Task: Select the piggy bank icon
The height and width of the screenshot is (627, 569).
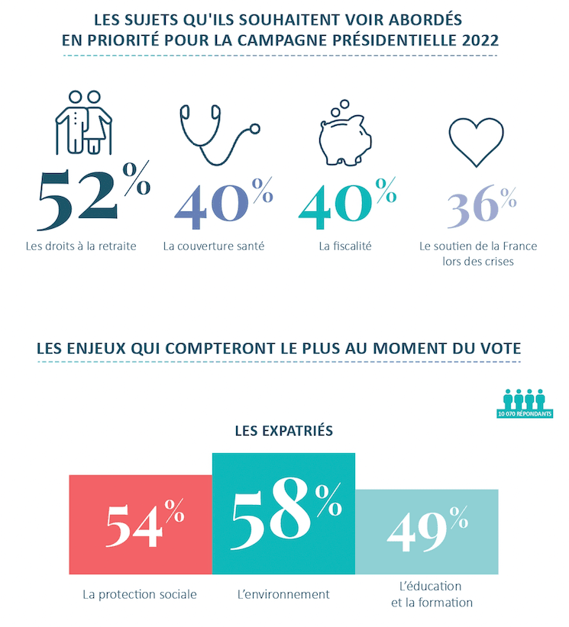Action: tap(344, 134)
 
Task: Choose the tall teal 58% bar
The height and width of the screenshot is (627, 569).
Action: tap(283, 513)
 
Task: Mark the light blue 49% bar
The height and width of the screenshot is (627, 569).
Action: tap(427, 531)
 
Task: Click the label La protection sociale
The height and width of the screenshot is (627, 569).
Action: tap(140, 594)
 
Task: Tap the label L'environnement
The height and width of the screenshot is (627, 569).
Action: tap(283, 594)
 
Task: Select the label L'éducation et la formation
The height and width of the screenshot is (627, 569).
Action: tap(431, 594)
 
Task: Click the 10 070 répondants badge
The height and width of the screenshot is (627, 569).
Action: tap(524, 404)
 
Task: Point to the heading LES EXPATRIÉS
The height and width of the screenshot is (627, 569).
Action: tap(283, 431)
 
